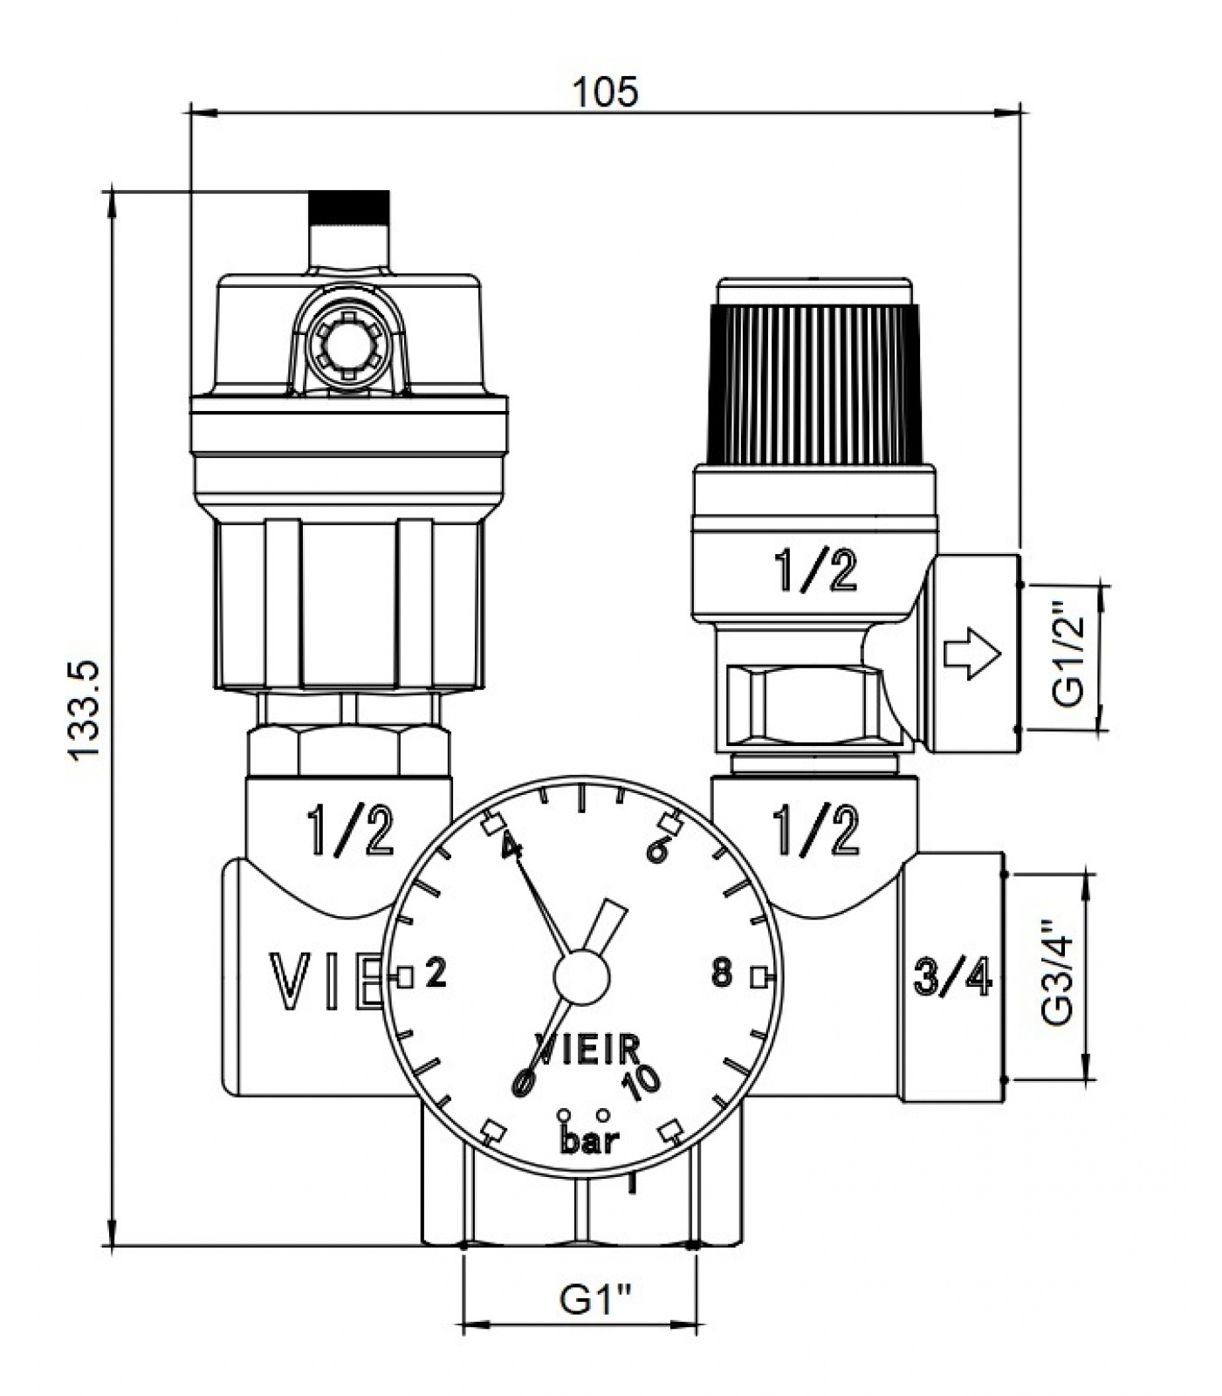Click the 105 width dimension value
tap(605, 92)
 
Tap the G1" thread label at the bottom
tap(594, 1301)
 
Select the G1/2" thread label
tap(1068, 655)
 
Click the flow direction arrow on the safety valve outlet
tap(971, 655)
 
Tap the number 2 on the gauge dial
tap(436, 972)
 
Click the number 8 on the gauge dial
tap(721, 973)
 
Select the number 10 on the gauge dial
tap(642, 1082)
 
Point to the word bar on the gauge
tap(590, 1140)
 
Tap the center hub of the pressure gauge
tap(581, 974)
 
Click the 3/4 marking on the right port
tap(953, 976)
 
